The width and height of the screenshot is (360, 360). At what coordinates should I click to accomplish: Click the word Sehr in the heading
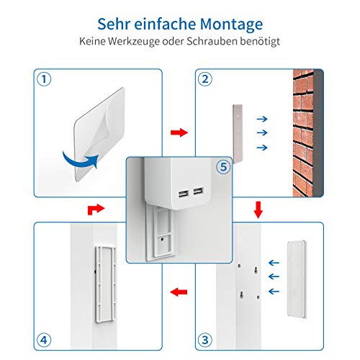point(113,24)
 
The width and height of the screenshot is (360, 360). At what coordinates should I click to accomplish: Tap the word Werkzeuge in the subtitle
point(134,42)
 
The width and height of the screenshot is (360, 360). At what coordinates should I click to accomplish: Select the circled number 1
point(44,79)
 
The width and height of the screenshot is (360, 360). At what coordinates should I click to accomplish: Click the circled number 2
point(205,79)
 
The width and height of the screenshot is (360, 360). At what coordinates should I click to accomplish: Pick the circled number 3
point(205,340)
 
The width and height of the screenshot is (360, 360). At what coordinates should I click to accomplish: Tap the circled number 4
point(44,340)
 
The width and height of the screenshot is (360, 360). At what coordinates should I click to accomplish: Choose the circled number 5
point(223,167)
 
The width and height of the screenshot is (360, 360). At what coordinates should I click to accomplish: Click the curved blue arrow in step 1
point(79,162)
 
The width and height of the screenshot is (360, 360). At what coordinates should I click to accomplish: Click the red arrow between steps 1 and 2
point(179,132)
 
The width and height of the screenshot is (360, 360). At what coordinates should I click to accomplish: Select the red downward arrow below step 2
point(258,210)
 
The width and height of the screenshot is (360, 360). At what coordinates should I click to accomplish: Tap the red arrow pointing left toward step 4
point(179,292)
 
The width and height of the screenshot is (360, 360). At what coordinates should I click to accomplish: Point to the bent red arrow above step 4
point(96,210)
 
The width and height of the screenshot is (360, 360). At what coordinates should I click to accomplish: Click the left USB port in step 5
point(184,194)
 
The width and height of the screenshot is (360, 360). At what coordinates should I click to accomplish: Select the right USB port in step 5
point(199,191)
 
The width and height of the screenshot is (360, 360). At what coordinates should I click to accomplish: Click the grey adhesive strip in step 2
point(238,134)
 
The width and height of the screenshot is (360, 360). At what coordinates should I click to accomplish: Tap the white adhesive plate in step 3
point(297,279)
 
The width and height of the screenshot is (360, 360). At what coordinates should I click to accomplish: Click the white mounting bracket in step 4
point(105,284)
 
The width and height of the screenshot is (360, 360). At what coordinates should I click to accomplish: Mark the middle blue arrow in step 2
point(262,132)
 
